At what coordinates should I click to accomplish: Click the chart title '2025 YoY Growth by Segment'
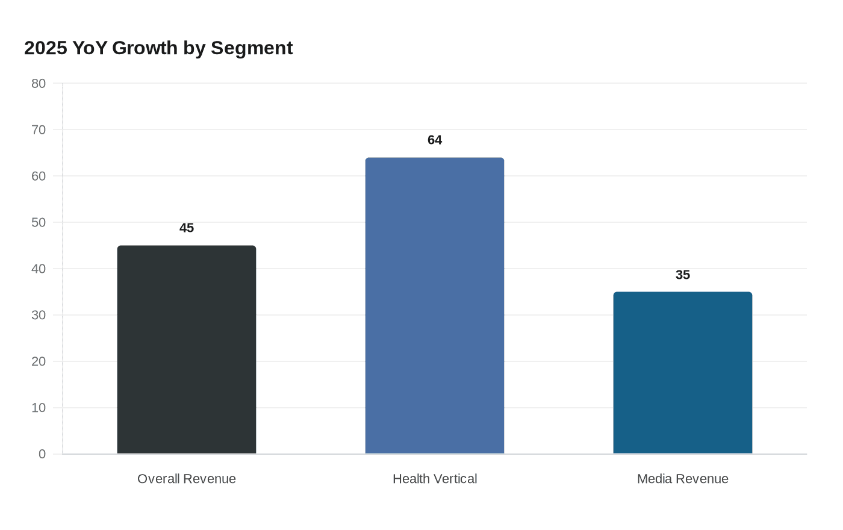[x=158, y=48]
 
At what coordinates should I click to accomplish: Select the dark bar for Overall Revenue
[x=187, y=349]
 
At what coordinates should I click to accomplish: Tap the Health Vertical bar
[x=435, y=305]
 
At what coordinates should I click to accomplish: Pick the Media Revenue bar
[x=682, y=373]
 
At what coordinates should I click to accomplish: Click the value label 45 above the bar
[x=187, y=228]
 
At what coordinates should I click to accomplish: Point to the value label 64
[x=435, y=140]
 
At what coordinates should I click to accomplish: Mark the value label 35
[x=682, y=275]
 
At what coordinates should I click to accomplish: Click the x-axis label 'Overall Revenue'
[x=187, y=479]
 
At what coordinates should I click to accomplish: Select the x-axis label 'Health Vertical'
[x=435, y=479]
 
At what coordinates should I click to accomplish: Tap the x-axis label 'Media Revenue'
[x=682, y=479]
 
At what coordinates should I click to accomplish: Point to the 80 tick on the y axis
[x=39, y=84]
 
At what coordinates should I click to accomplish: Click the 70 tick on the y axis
[x=39, y=130]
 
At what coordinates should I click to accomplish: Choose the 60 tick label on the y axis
[x=39, y=176]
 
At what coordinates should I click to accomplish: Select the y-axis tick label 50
[x=39, y=223]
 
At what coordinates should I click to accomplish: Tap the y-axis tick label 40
[x=39, y=269]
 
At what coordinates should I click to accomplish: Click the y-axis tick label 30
[x=39, y=316]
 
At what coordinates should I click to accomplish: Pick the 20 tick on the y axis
[x=39, y=362]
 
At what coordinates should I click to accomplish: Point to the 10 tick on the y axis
[x=39, y=408]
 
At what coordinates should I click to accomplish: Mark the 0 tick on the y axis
[x=42, y=454]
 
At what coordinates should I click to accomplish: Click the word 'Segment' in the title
[x=252, y=48]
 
